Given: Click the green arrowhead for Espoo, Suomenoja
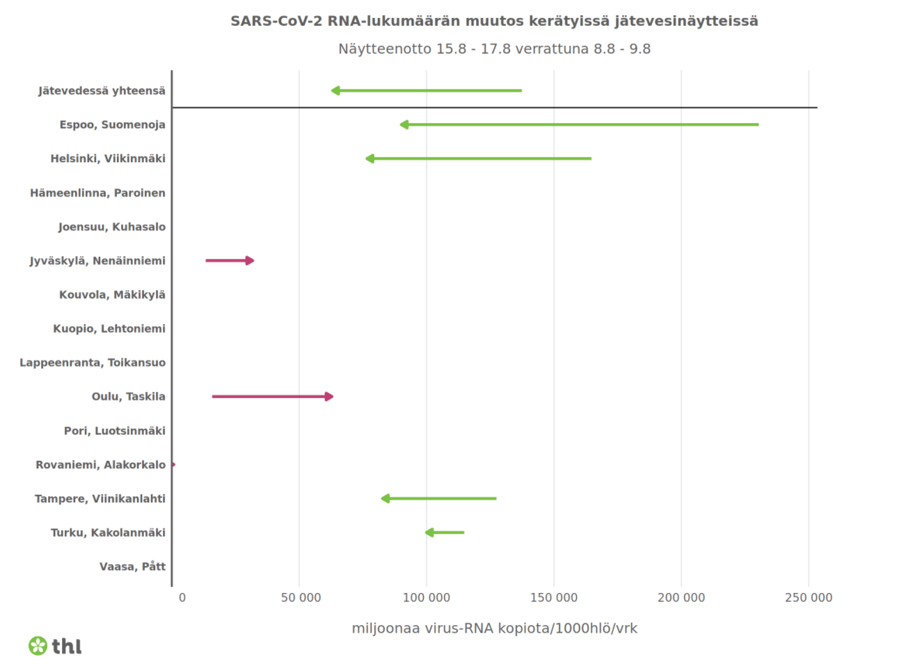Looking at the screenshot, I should [x=404, y=125].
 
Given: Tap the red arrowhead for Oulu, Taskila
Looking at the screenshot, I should [x=329, y=397].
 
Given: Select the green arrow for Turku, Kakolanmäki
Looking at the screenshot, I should [x=445, y=532].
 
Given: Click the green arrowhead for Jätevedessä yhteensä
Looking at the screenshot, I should [x=335, y=90].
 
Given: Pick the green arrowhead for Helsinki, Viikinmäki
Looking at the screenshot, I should [x=369, y=159].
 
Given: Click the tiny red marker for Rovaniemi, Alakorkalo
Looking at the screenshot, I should [x=173, y=464].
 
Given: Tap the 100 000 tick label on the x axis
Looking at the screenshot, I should [x=427, y=597].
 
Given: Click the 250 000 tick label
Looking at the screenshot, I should [x=808, y=597].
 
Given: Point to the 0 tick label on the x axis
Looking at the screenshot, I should [x=182, y=597].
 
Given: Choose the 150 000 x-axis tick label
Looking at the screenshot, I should [x=554, y=597].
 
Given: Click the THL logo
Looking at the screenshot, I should [x=55, y=646].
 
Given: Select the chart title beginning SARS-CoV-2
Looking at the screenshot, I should [x=494, y=21].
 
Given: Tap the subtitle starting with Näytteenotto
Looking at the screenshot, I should [x=494, y=49].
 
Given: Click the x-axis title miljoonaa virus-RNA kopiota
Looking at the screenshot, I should [x=494, y=629].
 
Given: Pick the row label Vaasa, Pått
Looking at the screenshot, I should [x=132, y=567].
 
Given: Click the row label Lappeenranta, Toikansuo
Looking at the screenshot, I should [x=93, y=363].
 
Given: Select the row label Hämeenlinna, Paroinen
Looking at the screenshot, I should [x=97, y=193].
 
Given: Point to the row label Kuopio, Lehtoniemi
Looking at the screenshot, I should [x=109, y=329].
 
